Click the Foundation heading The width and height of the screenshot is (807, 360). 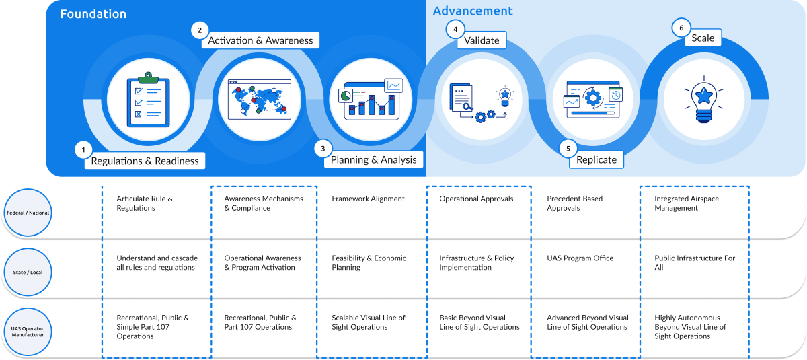click(x=93, y=14)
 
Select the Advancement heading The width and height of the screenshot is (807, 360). click(x=473, y=11)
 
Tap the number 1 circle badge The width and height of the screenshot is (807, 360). click(x=83, y=149)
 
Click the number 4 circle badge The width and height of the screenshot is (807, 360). click(x=455, y=29)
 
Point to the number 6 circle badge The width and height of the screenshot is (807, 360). click(x=681, y=28)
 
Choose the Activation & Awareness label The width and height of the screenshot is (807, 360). click(x=260, y=40)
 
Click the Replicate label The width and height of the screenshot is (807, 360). click(x=597, y=159)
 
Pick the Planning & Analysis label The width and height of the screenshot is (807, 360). click(x=374, y=159)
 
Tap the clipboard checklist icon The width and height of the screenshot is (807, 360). click(x=148, y=100)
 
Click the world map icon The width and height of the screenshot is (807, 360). click(x=260, y=100)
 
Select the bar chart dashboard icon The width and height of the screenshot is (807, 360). click(x=371, y=100)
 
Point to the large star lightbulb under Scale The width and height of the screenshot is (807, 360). click(x=704, y=100)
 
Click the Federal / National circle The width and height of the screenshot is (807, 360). click(x=28, y=213)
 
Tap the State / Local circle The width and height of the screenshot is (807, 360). click(x=28, y=272)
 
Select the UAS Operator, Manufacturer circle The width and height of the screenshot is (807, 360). click(x=28, y=332)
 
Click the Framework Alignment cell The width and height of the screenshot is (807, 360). click(x=368, y=199)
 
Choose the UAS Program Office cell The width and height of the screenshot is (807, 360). click(x=580, y=258)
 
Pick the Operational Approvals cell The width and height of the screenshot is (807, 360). click(x=476, y=199)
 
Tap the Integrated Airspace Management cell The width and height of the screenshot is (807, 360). click(x=687, y=203)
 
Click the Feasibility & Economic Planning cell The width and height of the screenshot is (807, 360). click(x=369, y=262)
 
